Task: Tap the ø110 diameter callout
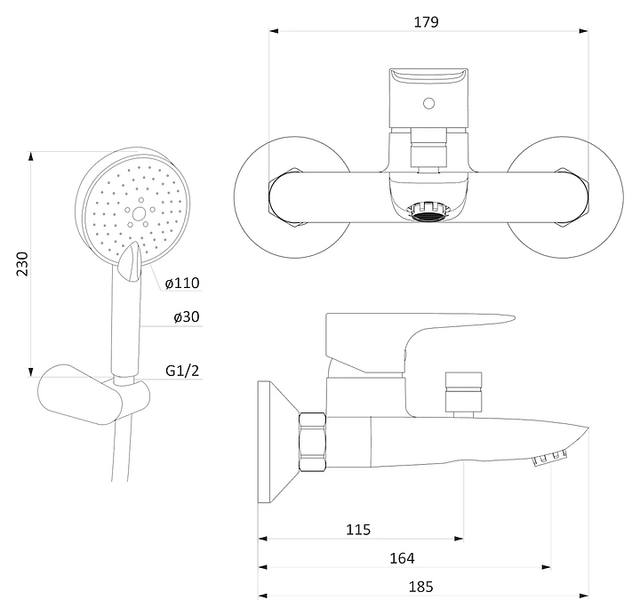click(x=181, y=284)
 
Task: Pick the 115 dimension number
click(x=357, y=530)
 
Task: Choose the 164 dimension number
click(x=402, y=558)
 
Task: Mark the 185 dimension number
click(x=420, y=586)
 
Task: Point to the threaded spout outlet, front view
click(x=428, y=212)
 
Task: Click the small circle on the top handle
click(x=428, y=103)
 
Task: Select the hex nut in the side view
click(x=313, y=441)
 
